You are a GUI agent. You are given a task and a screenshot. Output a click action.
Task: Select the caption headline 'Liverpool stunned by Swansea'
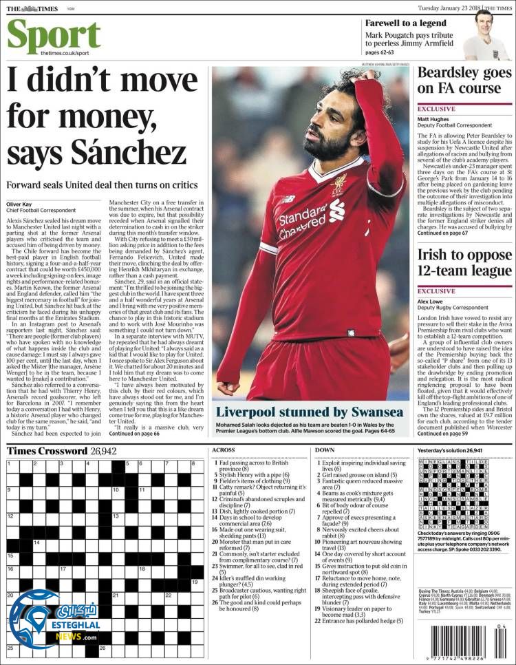click(x=310, y=412)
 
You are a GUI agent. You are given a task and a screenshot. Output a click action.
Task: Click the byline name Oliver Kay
click(x=23, y=204)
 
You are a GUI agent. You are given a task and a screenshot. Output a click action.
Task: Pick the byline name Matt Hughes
click(x=433, y=118)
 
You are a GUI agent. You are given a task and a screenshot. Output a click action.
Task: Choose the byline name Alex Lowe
click(x=431, y=302)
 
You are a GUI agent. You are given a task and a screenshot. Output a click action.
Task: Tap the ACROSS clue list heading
click(x=223, y=450)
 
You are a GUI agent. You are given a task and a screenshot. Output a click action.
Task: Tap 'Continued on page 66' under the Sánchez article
click(x=135, y=434)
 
